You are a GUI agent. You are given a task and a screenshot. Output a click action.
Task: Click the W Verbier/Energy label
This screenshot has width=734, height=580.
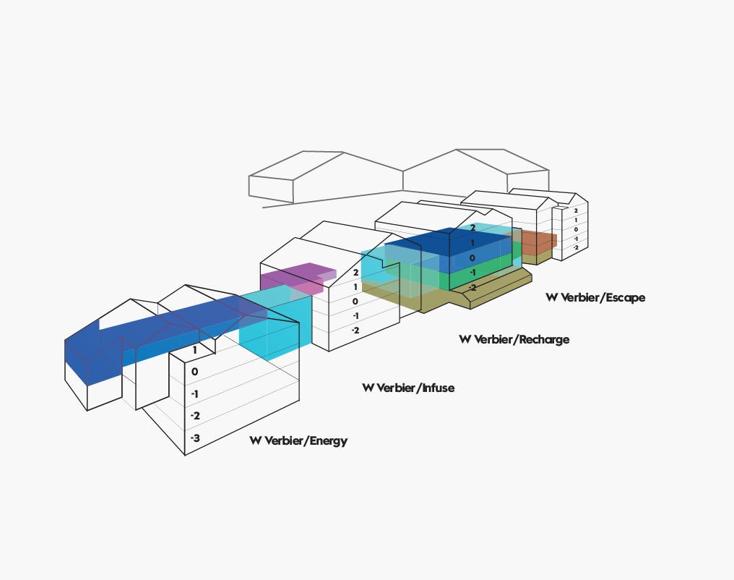(298, 441)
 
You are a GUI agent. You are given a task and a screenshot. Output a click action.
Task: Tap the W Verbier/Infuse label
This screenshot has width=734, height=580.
(408, 388)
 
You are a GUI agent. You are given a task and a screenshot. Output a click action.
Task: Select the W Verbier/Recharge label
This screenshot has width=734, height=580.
(514, 339)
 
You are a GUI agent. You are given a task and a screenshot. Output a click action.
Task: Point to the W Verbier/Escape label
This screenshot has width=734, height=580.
(595, 297)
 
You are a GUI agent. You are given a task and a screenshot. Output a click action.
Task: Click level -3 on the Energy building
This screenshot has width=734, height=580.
(195, 438)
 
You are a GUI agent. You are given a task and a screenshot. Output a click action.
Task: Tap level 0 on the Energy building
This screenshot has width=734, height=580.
(195, 372)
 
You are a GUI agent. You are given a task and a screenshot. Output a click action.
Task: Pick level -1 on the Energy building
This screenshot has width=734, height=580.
(194, 394)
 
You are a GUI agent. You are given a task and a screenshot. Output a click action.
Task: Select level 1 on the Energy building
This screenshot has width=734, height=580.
(195, 350)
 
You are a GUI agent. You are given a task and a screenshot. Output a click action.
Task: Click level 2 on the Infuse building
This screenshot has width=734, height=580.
(355, 272)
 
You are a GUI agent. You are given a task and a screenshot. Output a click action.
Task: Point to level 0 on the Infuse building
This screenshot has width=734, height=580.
(355, 302)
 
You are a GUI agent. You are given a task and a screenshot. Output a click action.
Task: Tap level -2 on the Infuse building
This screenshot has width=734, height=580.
(355, 330)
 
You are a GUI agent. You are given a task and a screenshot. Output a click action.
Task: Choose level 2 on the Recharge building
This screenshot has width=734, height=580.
(472, 228)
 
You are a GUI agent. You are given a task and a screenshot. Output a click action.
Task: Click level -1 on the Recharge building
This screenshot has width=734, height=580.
(472, 272)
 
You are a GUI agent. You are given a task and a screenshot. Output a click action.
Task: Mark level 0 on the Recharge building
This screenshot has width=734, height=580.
(472, 257)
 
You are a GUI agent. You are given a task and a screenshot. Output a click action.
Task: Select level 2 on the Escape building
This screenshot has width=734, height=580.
(576, 211)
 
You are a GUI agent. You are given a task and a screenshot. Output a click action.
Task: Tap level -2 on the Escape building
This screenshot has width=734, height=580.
(576, 247)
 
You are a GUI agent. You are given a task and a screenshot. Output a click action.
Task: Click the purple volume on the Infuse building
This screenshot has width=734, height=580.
(295, 278)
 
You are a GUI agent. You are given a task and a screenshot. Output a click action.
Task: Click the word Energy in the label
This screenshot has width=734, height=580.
(329, 441)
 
